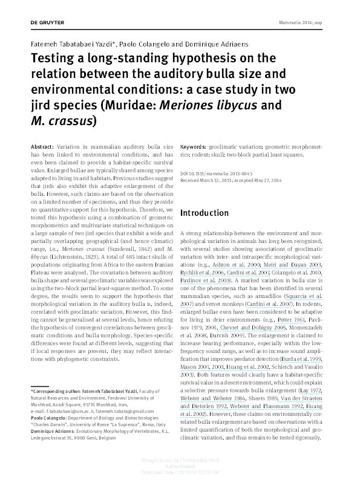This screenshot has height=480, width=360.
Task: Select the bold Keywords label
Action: click(195, 147)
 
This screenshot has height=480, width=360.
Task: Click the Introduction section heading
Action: click(205, 213)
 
